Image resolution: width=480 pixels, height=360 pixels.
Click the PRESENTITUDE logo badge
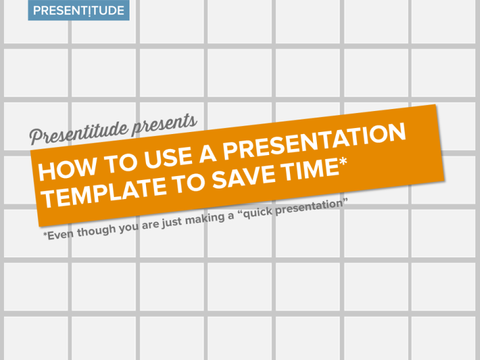tap(78, 11)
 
